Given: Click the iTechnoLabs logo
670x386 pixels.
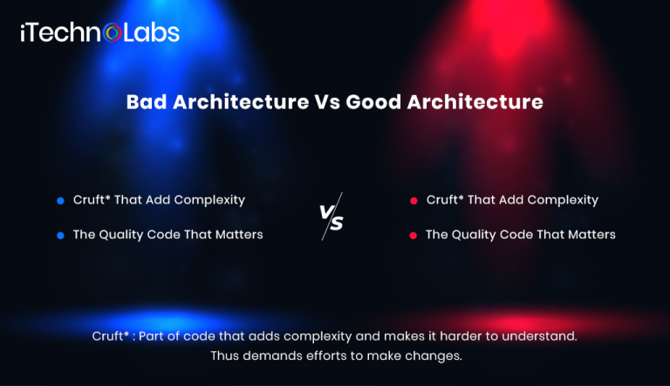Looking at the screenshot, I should [x=99, y=33].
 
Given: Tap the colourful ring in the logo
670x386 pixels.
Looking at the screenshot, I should [x=113, y=34].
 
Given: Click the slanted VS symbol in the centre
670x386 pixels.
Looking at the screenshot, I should [x=331, y=217].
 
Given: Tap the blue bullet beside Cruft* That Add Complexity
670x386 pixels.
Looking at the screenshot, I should [x=60, y=200].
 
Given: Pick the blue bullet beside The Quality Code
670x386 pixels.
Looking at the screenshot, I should [x=60, y=235].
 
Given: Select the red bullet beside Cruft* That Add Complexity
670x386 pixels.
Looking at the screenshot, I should [x=414, y=200].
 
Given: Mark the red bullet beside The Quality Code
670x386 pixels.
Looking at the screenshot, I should [x=414, y=235].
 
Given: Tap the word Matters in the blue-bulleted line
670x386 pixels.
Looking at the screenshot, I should [x=238, y=234].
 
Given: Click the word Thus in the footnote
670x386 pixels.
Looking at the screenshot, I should [x=224, y=355].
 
